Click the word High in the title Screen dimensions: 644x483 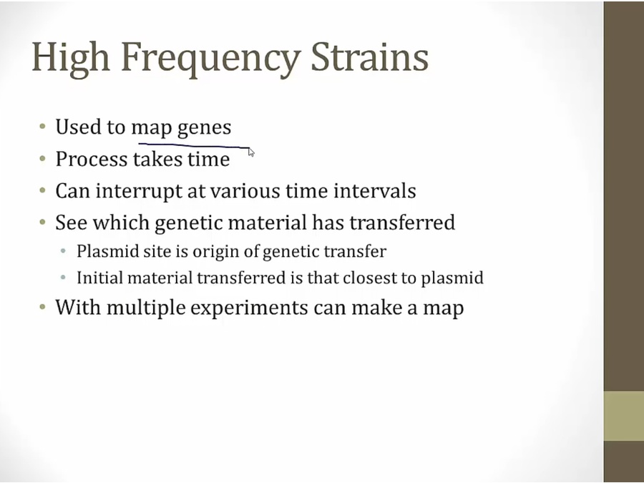tap(71, 58)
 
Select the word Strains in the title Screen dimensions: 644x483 tap(370, 57)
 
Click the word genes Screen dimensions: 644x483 tap(204, 128)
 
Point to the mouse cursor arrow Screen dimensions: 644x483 tap(251, 152)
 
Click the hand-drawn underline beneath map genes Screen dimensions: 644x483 tap(194, 145)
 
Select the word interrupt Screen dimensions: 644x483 tap(140, 191)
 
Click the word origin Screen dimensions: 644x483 tap(216, 252)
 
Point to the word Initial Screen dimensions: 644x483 tap(100, 278)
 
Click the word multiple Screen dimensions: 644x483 tap(146, 308)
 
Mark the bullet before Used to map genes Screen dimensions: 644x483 tap(43, 127)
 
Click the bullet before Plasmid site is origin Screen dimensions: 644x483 tap(63, 251)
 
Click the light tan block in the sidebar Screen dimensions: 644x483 tap(623, 416)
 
